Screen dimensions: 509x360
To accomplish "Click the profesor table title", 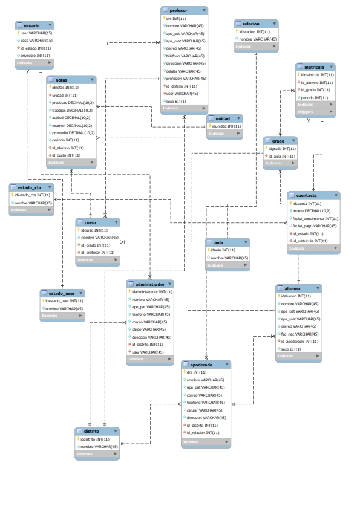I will pos(178,10).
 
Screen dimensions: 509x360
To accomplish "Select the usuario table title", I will pos(31,25).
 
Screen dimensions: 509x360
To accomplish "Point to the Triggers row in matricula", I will pos(306,112).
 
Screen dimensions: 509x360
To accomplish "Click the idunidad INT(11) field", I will pos(226,126).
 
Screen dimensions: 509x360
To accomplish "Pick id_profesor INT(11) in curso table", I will pos(98,253).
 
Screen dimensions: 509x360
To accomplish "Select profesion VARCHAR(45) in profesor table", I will pos(186,78).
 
